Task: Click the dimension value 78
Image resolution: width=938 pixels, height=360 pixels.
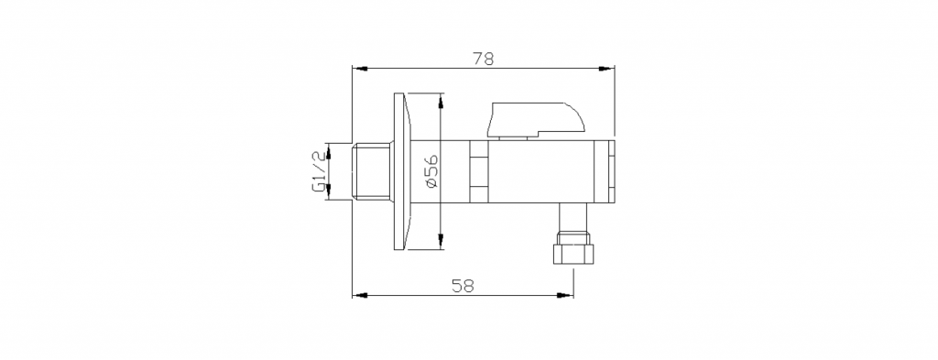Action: point(483,59)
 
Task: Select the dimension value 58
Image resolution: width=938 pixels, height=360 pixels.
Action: point(463,286)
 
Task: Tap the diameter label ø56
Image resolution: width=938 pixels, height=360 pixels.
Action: point(432,171)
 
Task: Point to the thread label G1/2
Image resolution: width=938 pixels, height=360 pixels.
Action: point(319,171)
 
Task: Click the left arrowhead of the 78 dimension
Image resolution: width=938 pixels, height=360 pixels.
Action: point(359,69)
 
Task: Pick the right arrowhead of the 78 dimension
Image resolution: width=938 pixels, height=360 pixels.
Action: point(607,69)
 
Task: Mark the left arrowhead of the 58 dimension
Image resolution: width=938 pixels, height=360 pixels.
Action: point(359,295)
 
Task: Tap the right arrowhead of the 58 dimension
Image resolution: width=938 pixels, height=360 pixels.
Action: point(566,295)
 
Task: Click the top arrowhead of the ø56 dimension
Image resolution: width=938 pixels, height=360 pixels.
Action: point(441,101)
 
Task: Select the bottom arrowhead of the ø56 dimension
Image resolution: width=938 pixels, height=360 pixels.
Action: point(441,242)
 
